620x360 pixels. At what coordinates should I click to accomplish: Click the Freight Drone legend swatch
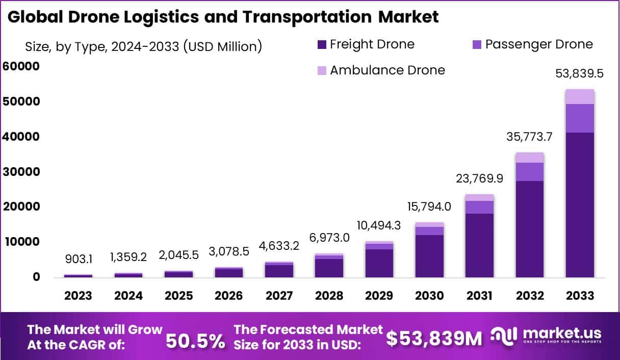pyautogui.click(x=321, y=45)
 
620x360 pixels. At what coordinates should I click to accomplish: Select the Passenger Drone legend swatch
pyautogui.click(x=477, y=45)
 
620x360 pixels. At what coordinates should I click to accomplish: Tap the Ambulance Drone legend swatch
pyautogui.click(x=321, y=70)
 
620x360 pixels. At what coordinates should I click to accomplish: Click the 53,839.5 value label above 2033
pyautogui.click(x=580, y=73)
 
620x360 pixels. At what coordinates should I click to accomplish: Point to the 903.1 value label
pyautogui.click(x=78, y=260)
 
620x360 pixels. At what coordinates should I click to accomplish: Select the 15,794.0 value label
pyautogui.click(x=430, y=207)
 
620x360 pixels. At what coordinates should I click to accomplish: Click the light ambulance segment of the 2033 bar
pyautogui.click(x=580, y=96)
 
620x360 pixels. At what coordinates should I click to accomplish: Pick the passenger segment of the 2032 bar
pyautogui.click(x=530, y=172)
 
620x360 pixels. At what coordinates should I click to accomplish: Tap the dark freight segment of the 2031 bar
pyautogui.click(x=480, y=245)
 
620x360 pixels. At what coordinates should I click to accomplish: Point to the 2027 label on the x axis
pyautogui.click(x=279, y=296)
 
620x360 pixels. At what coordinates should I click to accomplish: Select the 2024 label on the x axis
pyautogui.click(x=128, y=296)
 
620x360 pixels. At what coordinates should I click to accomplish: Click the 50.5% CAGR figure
pyautogui.click(x=195, y=342)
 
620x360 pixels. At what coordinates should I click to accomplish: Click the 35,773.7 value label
pyautogui.click(x=530, y=137)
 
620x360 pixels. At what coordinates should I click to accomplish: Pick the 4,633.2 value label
pyautogui.click(x=279, y=246)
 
